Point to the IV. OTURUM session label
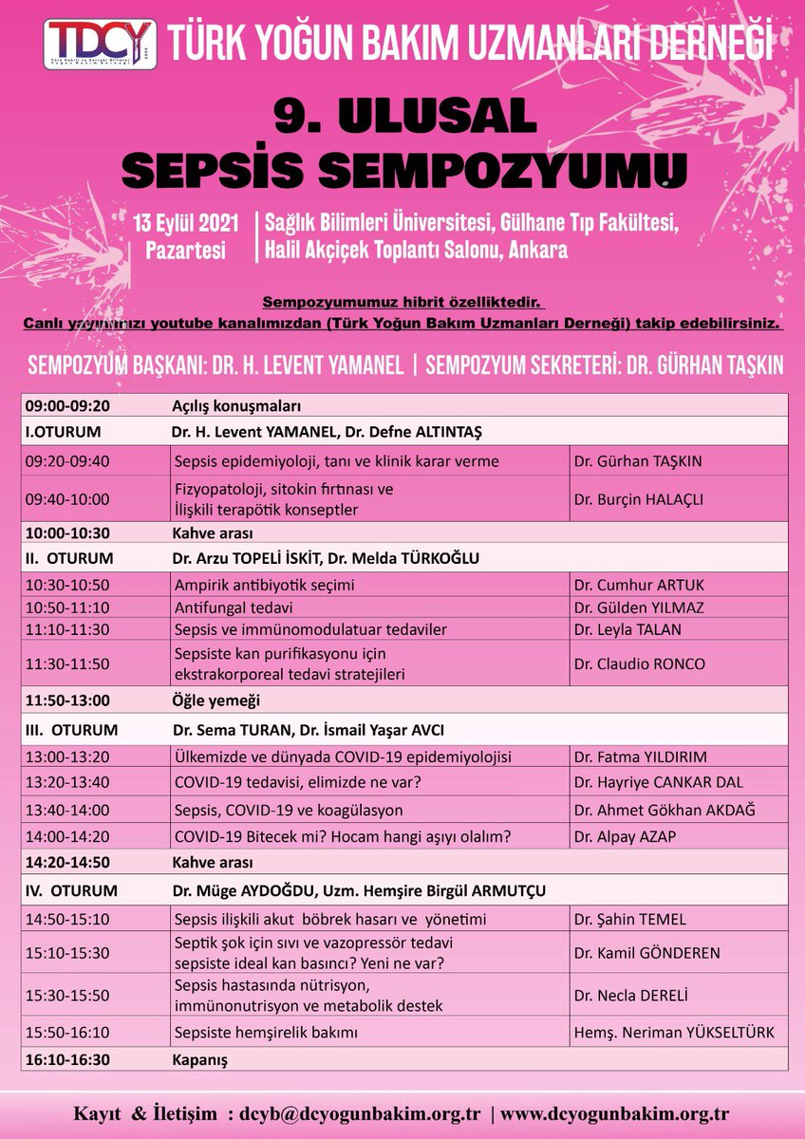click(x=72, y=890)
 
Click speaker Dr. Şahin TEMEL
click(x=627, y=919)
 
